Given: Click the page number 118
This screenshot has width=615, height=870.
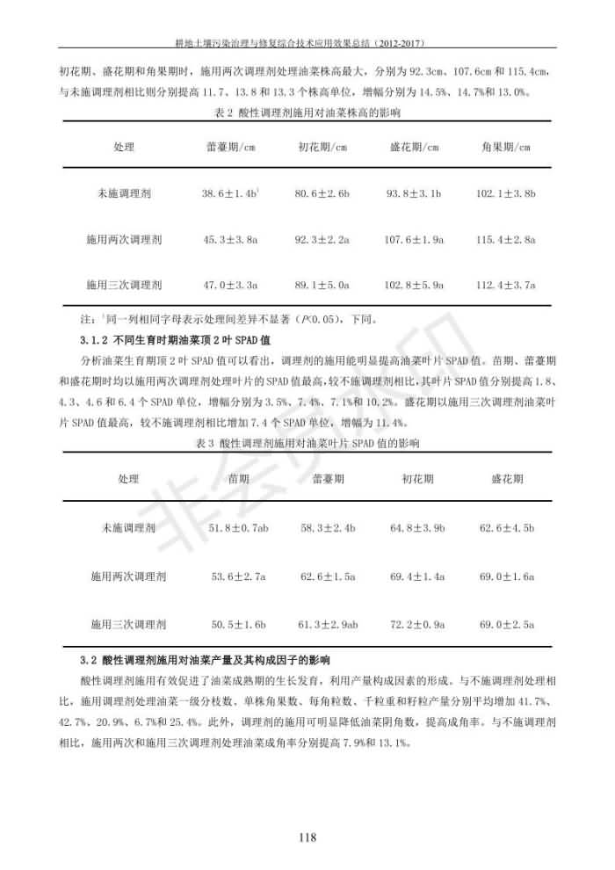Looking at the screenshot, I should [307, 837].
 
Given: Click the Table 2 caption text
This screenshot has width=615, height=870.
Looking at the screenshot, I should [307, 113].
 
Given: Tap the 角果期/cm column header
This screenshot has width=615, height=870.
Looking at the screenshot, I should [506, 147].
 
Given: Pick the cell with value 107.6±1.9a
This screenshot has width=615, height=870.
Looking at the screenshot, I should [415, 239].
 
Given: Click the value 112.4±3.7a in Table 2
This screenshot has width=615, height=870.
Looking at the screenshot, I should [506, 285].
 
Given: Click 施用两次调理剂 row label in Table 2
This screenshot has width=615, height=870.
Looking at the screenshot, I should [124, 239].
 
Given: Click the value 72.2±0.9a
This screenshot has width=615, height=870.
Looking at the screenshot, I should [417, 624].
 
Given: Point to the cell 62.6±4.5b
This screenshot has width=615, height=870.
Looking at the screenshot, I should [507, 528].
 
